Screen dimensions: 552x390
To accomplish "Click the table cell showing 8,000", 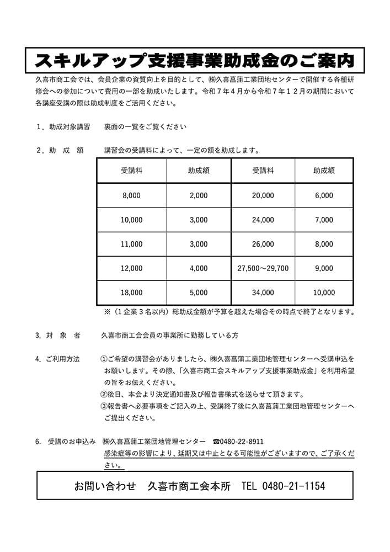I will click(131, 195).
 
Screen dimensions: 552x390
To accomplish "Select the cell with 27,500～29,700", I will click(263, 268).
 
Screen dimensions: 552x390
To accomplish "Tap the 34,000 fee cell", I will click(263, 293).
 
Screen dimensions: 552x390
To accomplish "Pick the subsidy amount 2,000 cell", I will click(199, 195).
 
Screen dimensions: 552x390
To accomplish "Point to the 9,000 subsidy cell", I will click(324, 268).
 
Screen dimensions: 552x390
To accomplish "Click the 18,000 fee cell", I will click(131, 293).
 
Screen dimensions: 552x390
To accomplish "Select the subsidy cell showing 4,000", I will click(199, 268).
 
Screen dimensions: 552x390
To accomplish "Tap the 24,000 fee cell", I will click(263, 220).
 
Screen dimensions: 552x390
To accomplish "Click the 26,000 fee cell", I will click(263, 244).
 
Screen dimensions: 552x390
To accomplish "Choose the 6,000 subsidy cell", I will click(324, 195).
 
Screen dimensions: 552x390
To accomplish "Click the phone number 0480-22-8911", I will click(242, 442).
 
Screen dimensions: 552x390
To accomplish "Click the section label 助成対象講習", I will click(69, 126).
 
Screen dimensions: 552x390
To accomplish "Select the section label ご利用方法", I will click(63, 359).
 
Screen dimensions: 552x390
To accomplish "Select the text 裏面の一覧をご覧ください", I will click(145, 126).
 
